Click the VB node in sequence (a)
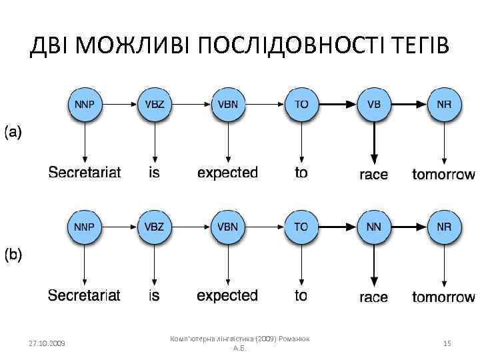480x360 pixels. (x=374, y=105)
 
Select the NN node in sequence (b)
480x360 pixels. (x=374, y=227)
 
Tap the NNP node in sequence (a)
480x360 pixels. (x=84, y=105)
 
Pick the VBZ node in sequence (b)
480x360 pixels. (x=155, y=227)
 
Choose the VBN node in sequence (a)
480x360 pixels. (x=228, y=105)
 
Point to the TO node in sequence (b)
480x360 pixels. (x=301, y=227)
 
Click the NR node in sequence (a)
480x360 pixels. (x=444, y=105)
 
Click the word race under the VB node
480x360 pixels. (x=373, y=175)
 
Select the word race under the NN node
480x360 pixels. (x=373, y=297)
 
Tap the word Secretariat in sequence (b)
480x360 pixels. (x=84, y=295)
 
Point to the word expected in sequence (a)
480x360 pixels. (x=227, y=173)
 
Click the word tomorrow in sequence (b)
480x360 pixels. (x=443, y=297)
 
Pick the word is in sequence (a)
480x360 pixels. (x=154, y=173)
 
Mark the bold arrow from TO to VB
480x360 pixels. (x=338, y=105)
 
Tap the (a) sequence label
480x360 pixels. (x=13, y=132)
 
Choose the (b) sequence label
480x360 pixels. (x=13, y=254)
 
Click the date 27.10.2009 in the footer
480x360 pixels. (x=47, y=343)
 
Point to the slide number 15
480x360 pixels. (x=447, y=343)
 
